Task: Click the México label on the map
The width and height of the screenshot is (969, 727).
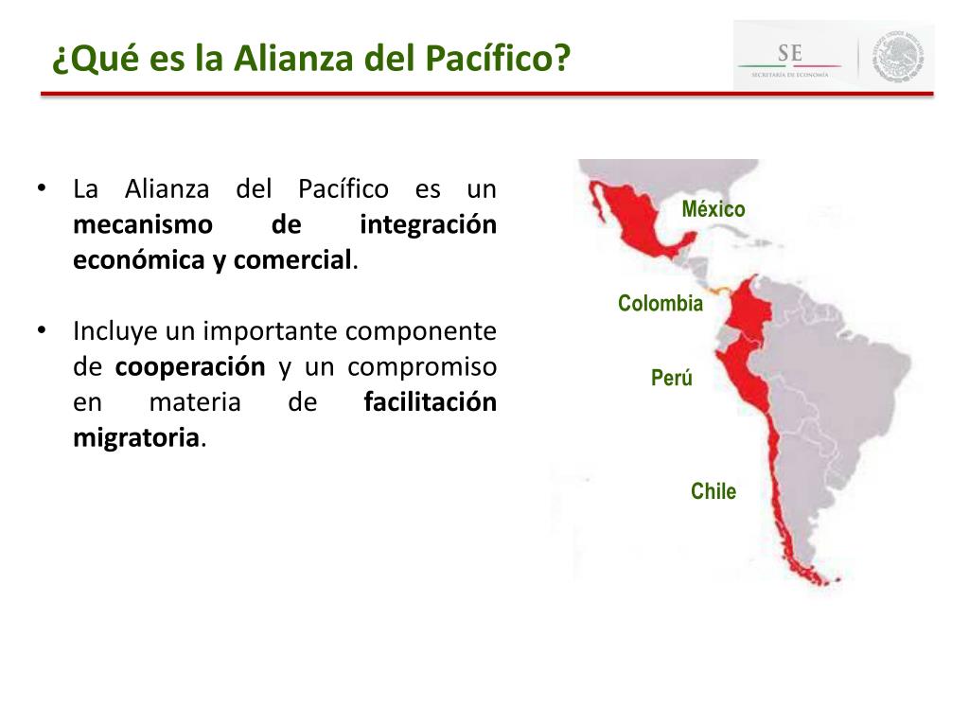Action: (714, 209)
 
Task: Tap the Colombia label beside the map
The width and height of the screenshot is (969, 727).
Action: (661, 304)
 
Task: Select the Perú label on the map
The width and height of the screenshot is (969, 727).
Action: (672, 379)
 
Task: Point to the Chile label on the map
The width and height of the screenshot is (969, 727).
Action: (714, 491)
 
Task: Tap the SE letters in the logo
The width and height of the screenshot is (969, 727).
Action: (789, 52)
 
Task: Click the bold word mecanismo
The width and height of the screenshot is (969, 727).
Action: (143, 225)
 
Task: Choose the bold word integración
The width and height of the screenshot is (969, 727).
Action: (428, 225)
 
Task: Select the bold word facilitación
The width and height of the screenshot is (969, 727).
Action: (430, 403)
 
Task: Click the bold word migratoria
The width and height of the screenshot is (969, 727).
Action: (136, 438)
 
